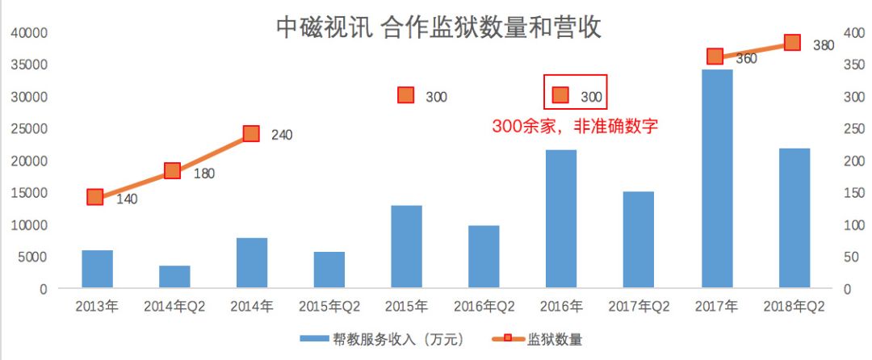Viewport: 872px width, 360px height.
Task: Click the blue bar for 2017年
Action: pos(717,178)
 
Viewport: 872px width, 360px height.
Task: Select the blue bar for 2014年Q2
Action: pos(174,277)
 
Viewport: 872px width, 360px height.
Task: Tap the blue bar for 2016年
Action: pos(562,219)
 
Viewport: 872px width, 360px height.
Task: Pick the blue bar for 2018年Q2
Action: pos(794,218)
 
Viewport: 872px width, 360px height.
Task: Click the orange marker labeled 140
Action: pos(95,197)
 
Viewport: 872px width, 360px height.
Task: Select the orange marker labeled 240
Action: pos(251,133)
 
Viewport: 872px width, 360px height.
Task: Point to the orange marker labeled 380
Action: pos(792,43)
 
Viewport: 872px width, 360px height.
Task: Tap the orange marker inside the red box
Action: pos(560,96)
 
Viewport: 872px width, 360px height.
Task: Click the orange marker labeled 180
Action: pos(172,170)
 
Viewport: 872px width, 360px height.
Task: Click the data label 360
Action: pos(746,59)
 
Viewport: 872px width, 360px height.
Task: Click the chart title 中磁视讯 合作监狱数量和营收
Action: pos(439,28)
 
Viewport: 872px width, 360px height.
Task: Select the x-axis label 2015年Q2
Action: pos(329,308)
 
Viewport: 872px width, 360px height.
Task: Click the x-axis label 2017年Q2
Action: pos(639,308)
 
